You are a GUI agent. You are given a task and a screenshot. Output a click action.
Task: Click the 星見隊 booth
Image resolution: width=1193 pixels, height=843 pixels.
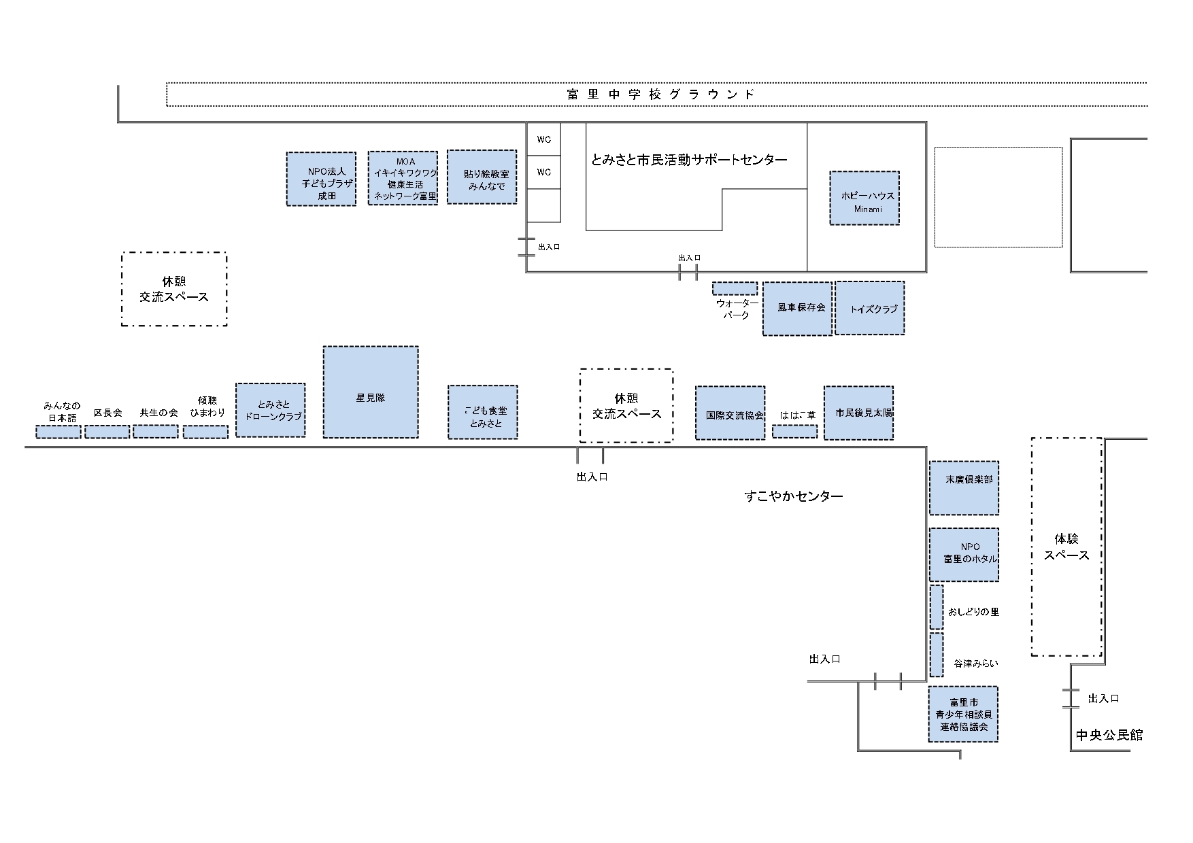point(370,392)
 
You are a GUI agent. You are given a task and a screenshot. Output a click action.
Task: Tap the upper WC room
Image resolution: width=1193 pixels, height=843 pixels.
point(544,139)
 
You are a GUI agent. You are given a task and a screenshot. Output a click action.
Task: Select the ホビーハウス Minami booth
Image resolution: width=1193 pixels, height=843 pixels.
point(864,198)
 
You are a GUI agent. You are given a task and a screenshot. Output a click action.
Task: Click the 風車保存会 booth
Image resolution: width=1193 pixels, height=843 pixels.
point(797,309)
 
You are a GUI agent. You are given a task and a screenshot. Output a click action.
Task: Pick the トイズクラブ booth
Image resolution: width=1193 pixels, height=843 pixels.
point(869,308)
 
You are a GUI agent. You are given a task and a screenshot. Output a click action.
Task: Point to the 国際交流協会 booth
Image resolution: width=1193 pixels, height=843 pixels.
point(730,413)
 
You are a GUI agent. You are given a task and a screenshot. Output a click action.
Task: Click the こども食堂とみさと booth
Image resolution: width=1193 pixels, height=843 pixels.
point(483,412)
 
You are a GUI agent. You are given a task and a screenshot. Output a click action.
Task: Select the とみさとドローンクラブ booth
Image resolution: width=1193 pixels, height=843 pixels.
point(270,410)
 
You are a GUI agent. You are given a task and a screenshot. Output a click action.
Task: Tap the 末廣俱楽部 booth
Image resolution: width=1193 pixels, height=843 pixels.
point(964,487)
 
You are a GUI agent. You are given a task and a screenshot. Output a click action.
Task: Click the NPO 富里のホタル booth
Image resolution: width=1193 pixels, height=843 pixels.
point(964,554)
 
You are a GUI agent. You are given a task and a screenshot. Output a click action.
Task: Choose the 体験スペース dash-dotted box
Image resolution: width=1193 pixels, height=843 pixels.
point(1066,547)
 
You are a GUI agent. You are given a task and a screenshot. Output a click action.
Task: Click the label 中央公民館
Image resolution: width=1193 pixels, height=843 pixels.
point(1109,735)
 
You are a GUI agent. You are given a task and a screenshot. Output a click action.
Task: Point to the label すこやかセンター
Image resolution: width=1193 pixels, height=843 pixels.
point(793,496)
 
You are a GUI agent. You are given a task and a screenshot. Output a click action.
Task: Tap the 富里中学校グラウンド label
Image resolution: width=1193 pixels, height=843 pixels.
point(660,94)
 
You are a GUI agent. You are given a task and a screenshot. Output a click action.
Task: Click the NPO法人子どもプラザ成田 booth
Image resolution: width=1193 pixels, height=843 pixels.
point(321,178)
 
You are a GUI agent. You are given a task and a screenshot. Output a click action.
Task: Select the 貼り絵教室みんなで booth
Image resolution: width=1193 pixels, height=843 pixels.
point(482,177)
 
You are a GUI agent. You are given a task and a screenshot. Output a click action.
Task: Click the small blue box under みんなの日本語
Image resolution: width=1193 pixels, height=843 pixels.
point(58,432)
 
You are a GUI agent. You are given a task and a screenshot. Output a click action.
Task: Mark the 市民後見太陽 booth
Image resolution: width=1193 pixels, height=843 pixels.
point(858,413)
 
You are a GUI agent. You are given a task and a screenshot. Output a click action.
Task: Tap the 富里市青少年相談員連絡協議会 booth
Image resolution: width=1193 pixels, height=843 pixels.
point(963,714)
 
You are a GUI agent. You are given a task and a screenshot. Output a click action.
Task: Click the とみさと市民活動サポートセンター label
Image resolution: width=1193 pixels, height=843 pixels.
point(689,160)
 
